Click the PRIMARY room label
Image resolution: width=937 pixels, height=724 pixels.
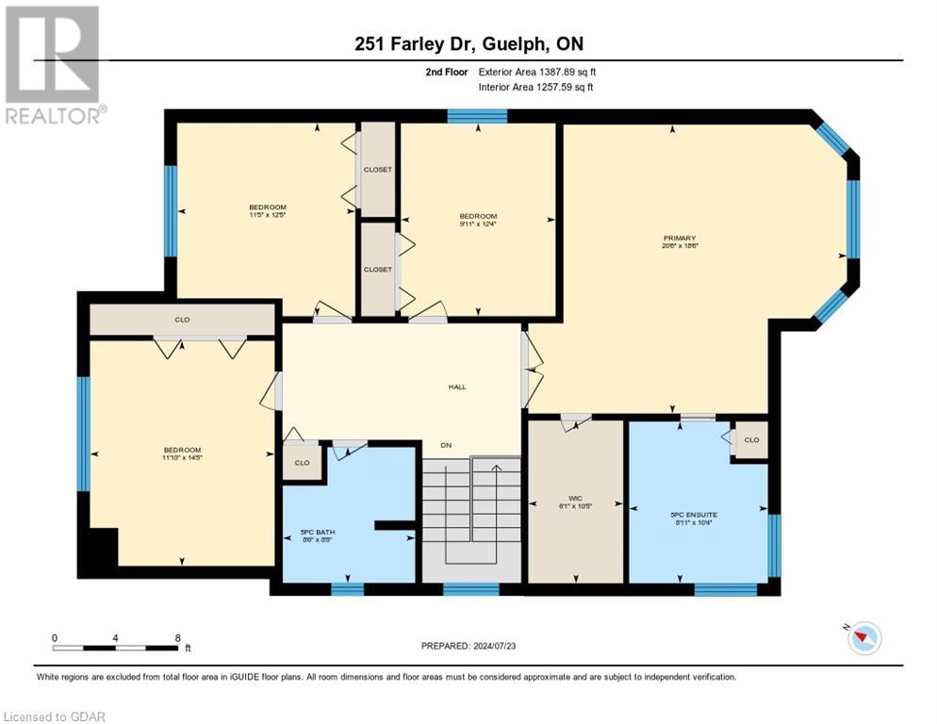coord(679,239)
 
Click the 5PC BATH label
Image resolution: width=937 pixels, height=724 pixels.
coord(310,532)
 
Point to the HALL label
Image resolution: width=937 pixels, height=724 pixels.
coord(457,387)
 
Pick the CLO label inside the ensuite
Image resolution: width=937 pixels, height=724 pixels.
coord(751,440)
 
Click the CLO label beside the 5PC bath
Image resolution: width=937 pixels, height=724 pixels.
coord(302,463)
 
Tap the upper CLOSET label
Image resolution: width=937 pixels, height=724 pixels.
coord(377,170)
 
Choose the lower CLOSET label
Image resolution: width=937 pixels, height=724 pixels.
coord(377,270)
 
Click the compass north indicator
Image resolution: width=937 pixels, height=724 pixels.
coord(863,638)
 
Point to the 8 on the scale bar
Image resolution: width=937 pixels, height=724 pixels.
coord(177,638)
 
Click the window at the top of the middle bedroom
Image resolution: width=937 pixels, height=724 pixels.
coord(477,117)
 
